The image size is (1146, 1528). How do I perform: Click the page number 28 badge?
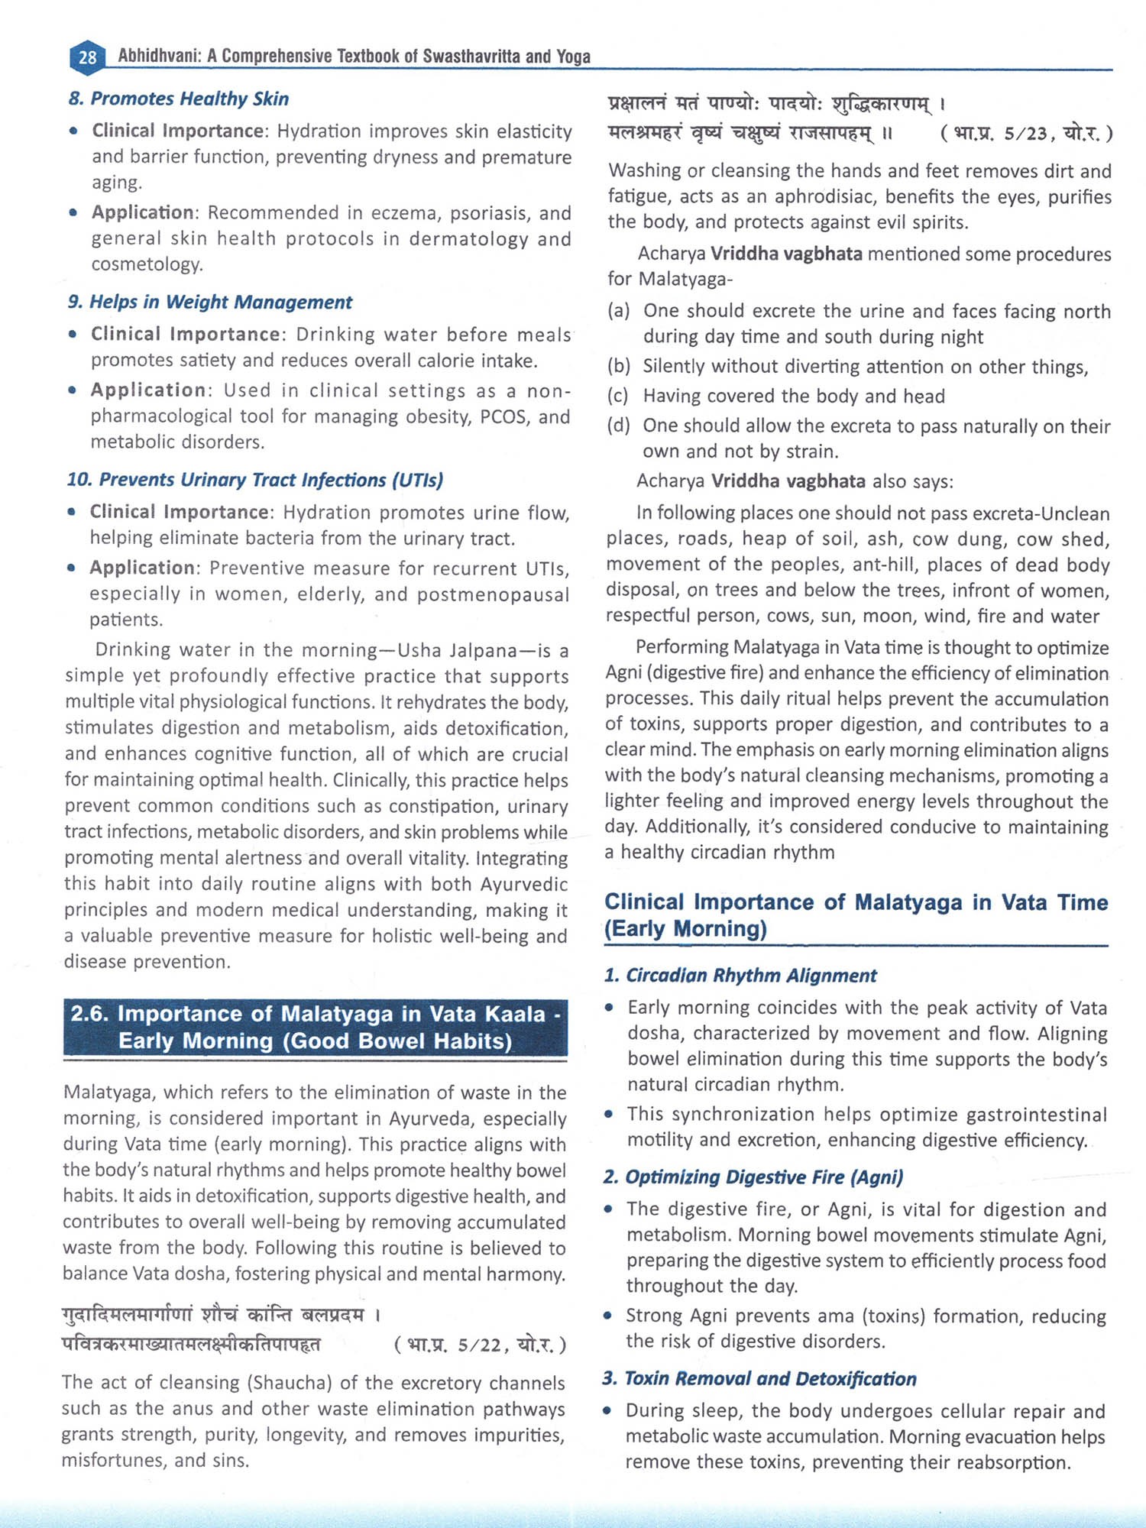point(87,57)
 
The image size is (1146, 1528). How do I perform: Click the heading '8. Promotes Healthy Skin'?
point(178,99)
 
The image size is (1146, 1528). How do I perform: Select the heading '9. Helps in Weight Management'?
point(210,302)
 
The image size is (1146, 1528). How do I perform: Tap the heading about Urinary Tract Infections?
point(255,480)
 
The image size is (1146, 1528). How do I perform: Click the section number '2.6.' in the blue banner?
point(90,1014)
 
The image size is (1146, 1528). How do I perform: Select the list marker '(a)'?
point(619,311)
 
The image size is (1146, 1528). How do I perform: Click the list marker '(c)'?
point(618,397)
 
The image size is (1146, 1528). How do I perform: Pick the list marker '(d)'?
point(619,426)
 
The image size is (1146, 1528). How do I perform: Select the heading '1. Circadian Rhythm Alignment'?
point(740,976)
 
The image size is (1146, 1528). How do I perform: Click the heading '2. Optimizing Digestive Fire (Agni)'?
point(753,1177)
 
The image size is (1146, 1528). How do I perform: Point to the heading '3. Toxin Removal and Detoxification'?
point(759,1379)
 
